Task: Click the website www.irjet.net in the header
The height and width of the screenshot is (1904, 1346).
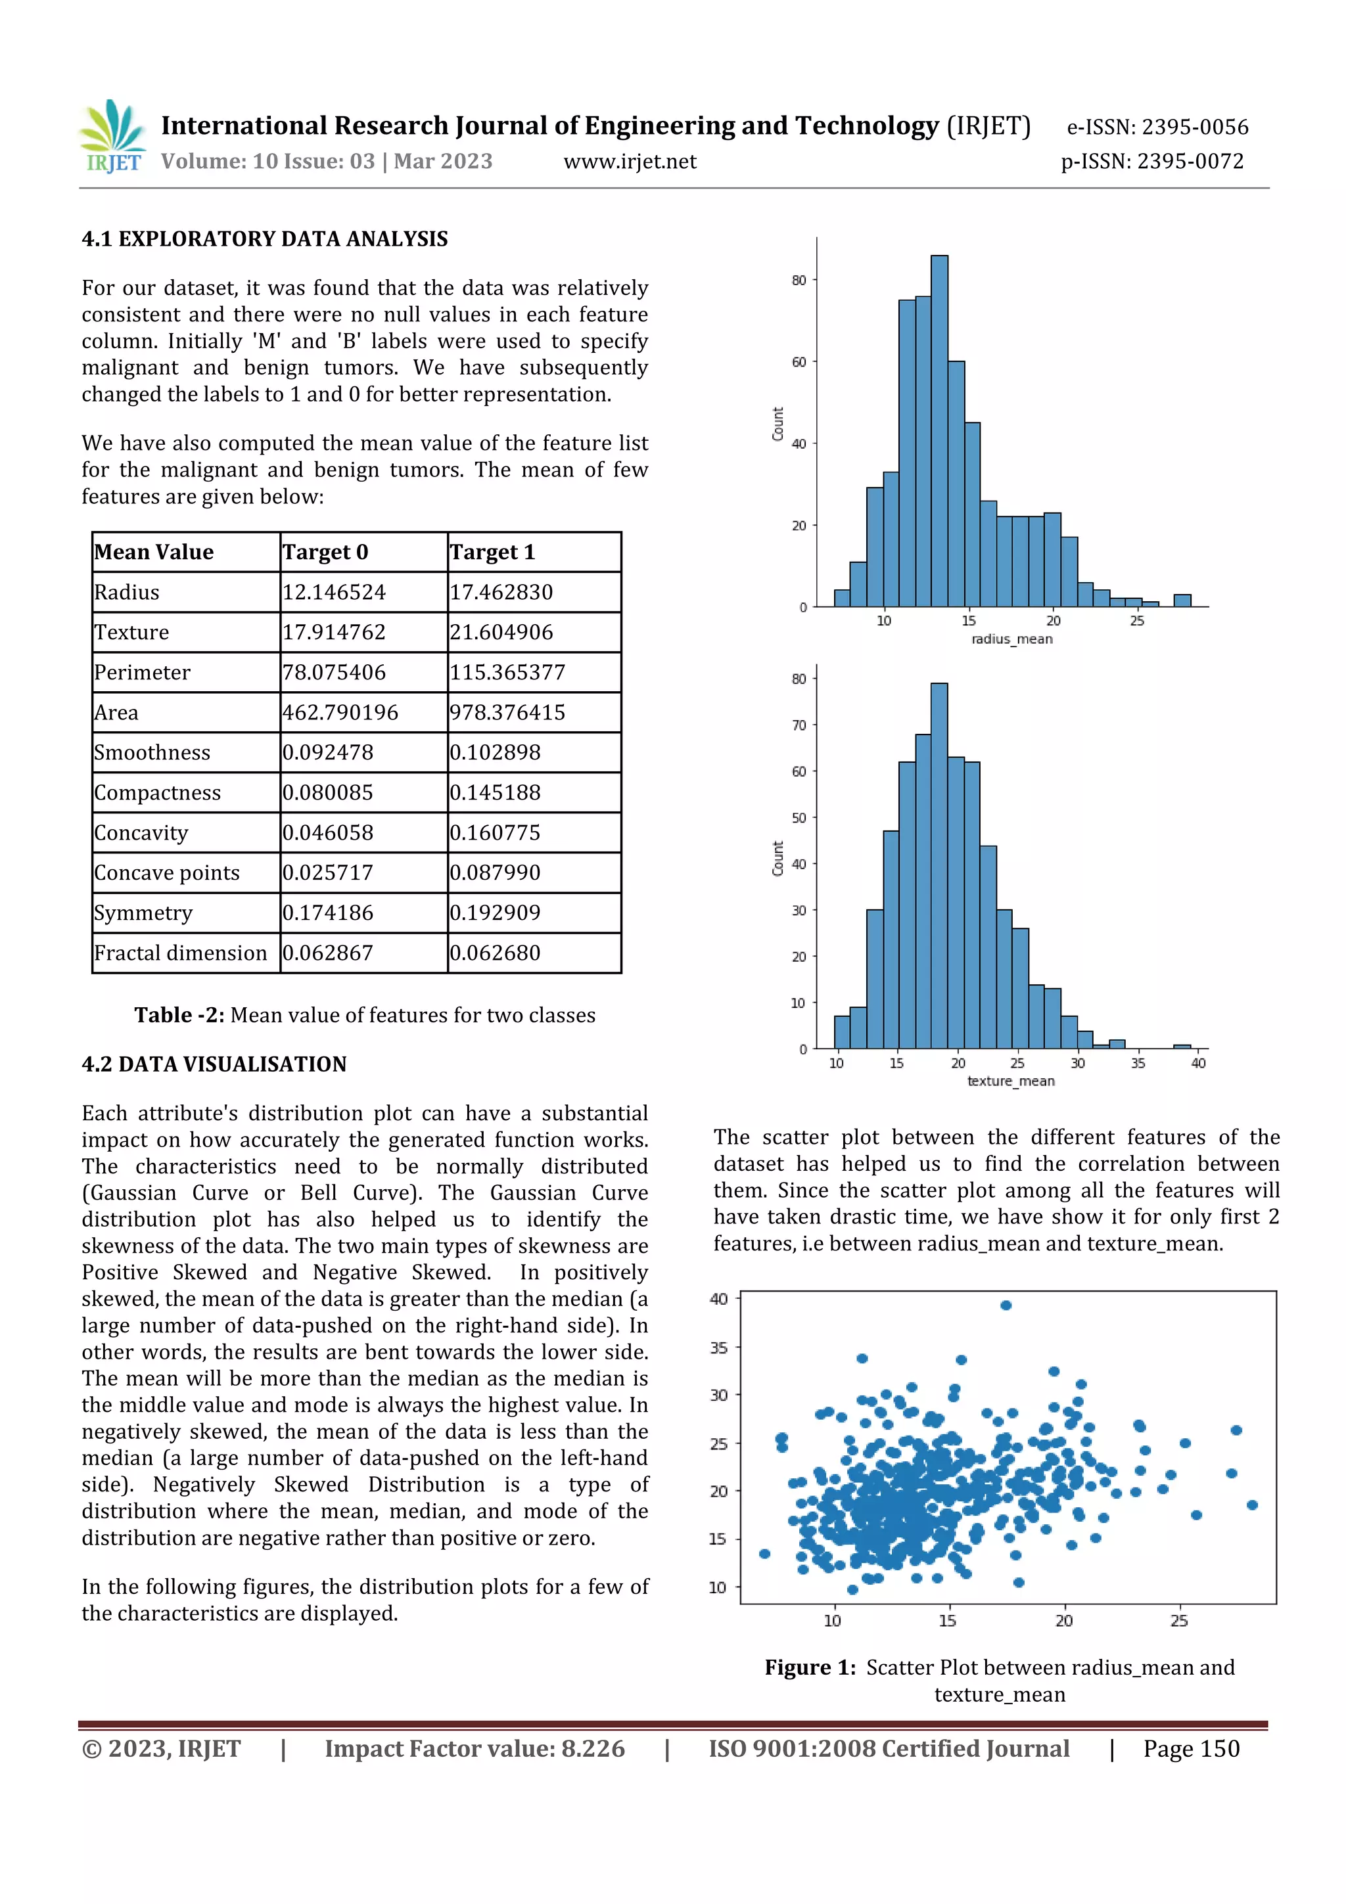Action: pos(630,162)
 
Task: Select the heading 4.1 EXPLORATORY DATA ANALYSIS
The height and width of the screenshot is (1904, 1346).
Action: pos(265,239)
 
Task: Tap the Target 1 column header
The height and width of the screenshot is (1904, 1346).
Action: pos(493,553)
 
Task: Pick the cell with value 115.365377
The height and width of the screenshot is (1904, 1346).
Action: pos(507,673)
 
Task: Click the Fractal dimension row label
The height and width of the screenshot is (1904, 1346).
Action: pos(180,953)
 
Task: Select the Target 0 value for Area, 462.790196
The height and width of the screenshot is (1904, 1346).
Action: pos(340,712)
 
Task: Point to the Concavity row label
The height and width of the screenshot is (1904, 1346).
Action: pos(141,832)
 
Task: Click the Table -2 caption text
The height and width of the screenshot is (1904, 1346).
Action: pos(365,1015)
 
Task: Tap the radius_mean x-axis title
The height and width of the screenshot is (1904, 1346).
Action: pos(1011,639)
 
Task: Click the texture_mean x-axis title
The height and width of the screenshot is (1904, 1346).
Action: pos(1011,1081)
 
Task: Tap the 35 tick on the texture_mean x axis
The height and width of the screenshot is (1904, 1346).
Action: pos(1137,1064)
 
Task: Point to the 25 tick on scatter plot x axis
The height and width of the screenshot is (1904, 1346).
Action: pos(1178,1620)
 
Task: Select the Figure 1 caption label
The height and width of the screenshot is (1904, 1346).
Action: pos(810,1667)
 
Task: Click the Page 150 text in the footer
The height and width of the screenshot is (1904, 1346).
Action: pos(1191,1749)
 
